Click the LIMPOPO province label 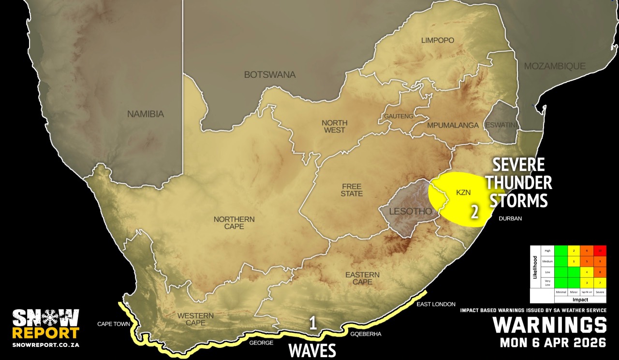(x=438, y=41)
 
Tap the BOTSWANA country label (x=269, y=75)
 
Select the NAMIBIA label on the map (x=146, y=115)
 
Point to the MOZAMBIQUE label (x=555, y=66)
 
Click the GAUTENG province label (x=398, y=116)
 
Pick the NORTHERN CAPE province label (x=234, y=223)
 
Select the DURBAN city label (x=510, y=218)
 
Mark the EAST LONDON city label (x=436, y=304)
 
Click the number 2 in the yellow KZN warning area (x=475, y=211)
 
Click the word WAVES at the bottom (x=312, y=350)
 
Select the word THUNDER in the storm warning (x=519, y=183)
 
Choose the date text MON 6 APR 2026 (x=553, y=343)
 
